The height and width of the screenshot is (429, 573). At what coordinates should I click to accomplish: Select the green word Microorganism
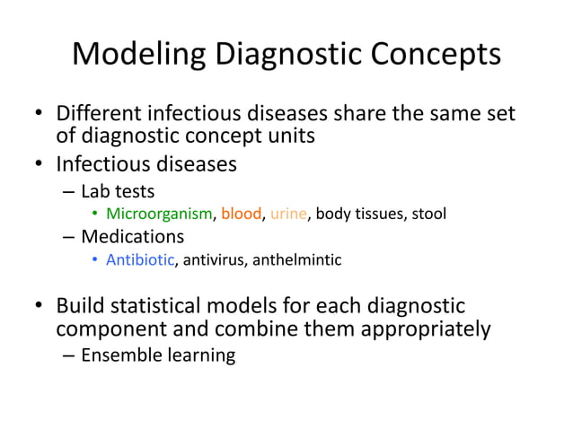158,214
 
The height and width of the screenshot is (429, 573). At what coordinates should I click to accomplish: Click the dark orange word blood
241,214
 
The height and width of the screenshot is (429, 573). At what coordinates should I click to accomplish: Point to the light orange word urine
288,214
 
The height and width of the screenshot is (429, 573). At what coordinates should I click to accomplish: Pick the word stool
428,214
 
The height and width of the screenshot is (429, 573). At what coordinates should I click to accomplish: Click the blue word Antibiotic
139,260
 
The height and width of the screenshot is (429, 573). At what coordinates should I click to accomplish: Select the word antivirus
215,260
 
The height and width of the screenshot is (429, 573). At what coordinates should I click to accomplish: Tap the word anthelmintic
295,260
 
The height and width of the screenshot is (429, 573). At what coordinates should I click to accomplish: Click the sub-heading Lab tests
117,190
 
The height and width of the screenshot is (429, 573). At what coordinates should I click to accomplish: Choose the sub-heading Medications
132,237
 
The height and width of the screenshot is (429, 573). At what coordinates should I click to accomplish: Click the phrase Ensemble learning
158,355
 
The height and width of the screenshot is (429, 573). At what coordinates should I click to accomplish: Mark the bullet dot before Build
40,307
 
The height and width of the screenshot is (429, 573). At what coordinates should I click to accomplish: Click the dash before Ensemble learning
69,355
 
